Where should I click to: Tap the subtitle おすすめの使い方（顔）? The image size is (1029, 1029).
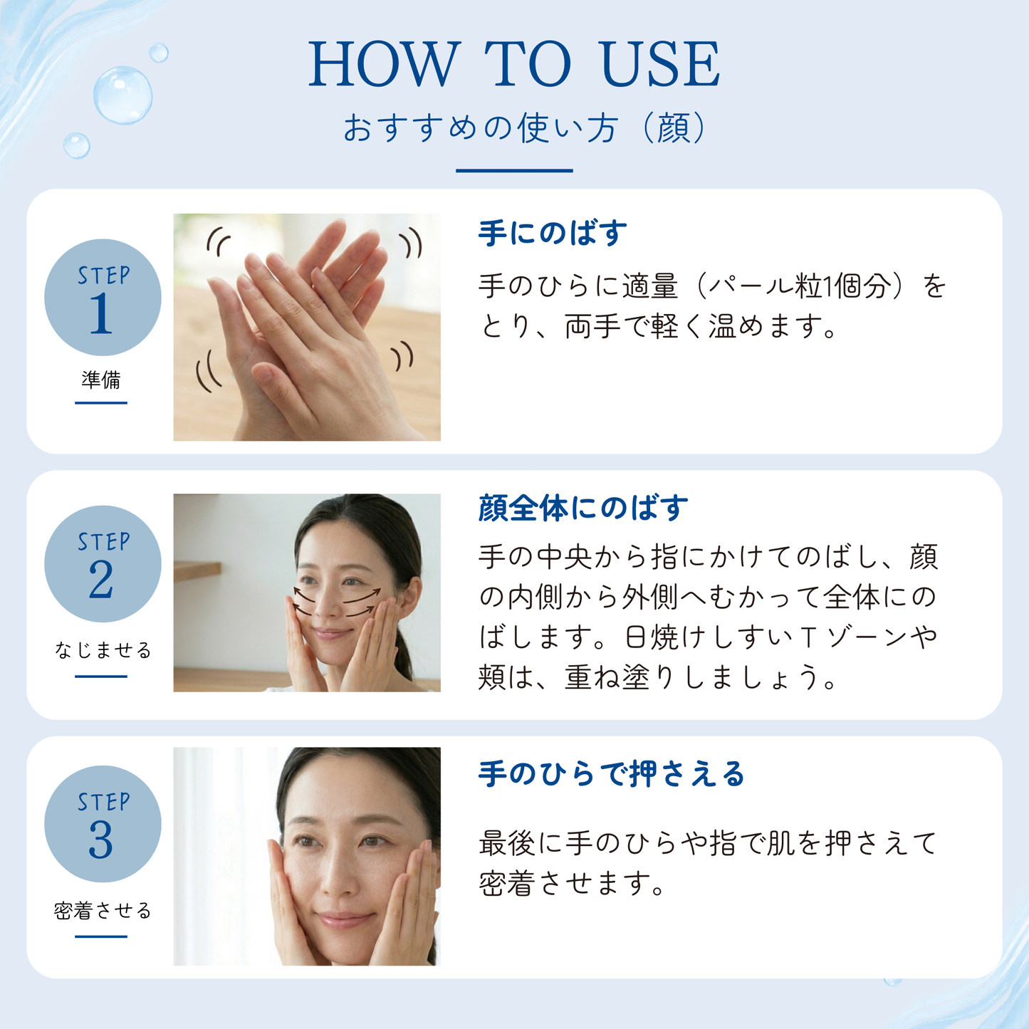coord(526,128)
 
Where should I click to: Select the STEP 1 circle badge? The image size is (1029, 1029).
coord(103,298)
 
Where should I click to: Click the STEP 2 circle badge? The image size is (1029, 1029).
coord(103,564)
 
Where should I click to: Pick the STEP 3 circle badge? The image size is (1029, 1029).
coord(103,824)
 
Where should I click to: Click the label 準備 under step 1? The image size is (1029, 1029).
coord(101,380)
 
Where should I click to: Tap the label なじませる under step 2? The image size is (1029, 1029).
coord(103,650)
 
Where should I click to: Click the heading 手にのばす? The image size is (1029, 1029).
coord(553,234)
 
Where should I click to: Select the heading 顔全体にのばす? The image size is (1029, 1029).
coord(583,508)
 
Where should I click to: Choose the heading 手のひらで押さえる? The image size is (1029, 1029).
coord(612,774)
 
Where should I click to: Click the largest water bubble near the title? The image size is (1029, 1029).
coord(122,95)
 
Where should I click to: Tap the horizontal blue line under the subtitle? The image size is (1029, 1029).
coord(514,170)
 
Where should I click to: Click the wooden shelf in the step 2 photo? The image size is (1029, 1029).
coord(197,571)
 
